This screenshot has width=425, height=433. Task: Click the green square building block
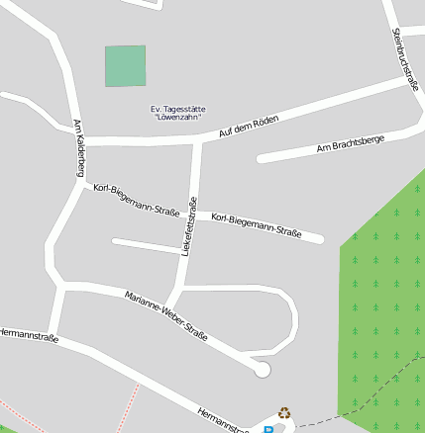[x=125, y=66]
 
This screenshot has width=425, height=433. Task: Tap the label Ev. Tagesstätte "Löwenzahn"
[x=178, y=113]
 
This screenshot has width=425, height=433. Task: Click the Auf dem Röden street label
[x=249, y=126]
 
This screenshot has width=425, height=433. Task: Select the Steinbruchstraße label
[x=405, y=59]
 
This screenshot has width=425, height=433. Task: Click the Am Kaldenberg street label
[x=79, y=148]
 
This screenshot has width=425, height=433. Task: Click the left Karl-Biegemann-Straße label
[x=136, y=200]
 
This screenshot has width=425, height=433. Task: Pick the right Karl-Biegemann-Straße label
[x=257, y=225]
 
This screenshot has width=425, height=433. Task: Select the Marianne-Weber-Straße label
[x=166, y=316]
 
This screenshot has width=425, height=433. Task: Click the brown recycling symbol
[x=285, y=413]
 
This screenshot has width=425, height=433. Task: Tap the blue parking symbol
[x=267, y=429]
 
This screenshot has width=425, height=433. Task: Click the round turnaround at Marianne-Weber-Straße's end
[x=262, y=370]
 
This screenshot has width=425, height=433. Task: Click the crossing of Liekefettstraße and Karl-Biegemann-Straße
[x=192, y=209]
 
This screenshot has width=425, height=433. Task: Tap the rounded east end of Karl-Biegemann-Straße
[x=318, y=238]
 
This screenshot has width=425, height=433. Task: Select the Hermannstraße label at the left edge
[x=30, y=334]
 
